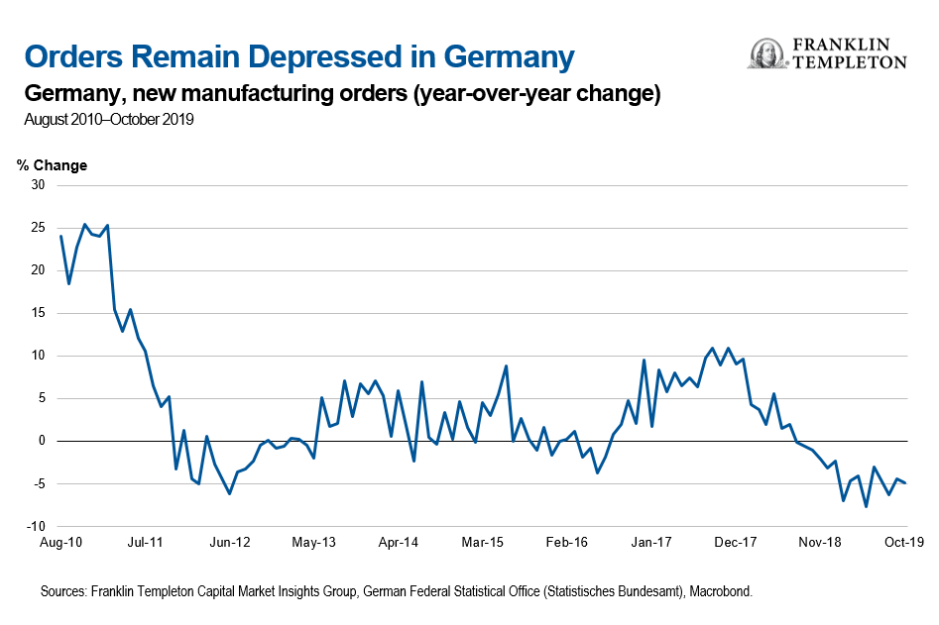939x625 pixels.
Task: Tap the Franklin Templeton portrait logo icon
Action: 766,54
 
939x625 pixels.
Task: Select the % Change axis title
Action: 53,165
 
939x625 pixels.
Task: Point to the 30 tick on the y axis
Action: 38,185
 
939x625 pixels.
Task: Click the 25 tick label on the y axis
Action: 38,228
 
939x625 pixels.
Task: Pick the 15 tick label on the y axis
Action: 38,313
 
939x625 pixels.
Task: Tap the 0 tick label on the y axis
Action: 42,441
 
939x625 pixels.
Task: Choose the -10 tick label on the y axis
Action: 36,526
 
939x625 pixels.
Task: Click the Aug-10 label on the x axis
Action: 60,543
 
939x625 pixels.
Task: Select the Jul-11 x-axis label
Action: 146,543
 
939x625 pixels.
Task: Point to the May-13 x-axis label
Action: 314,543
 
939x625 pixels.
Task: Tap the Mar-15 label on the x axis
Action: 485,543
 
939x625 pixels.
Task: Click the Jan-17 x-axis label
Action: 652,543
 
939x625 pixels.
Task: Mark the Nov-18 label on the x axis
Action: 821,543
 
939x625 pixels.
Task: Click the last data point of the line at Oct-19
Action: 905,482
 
